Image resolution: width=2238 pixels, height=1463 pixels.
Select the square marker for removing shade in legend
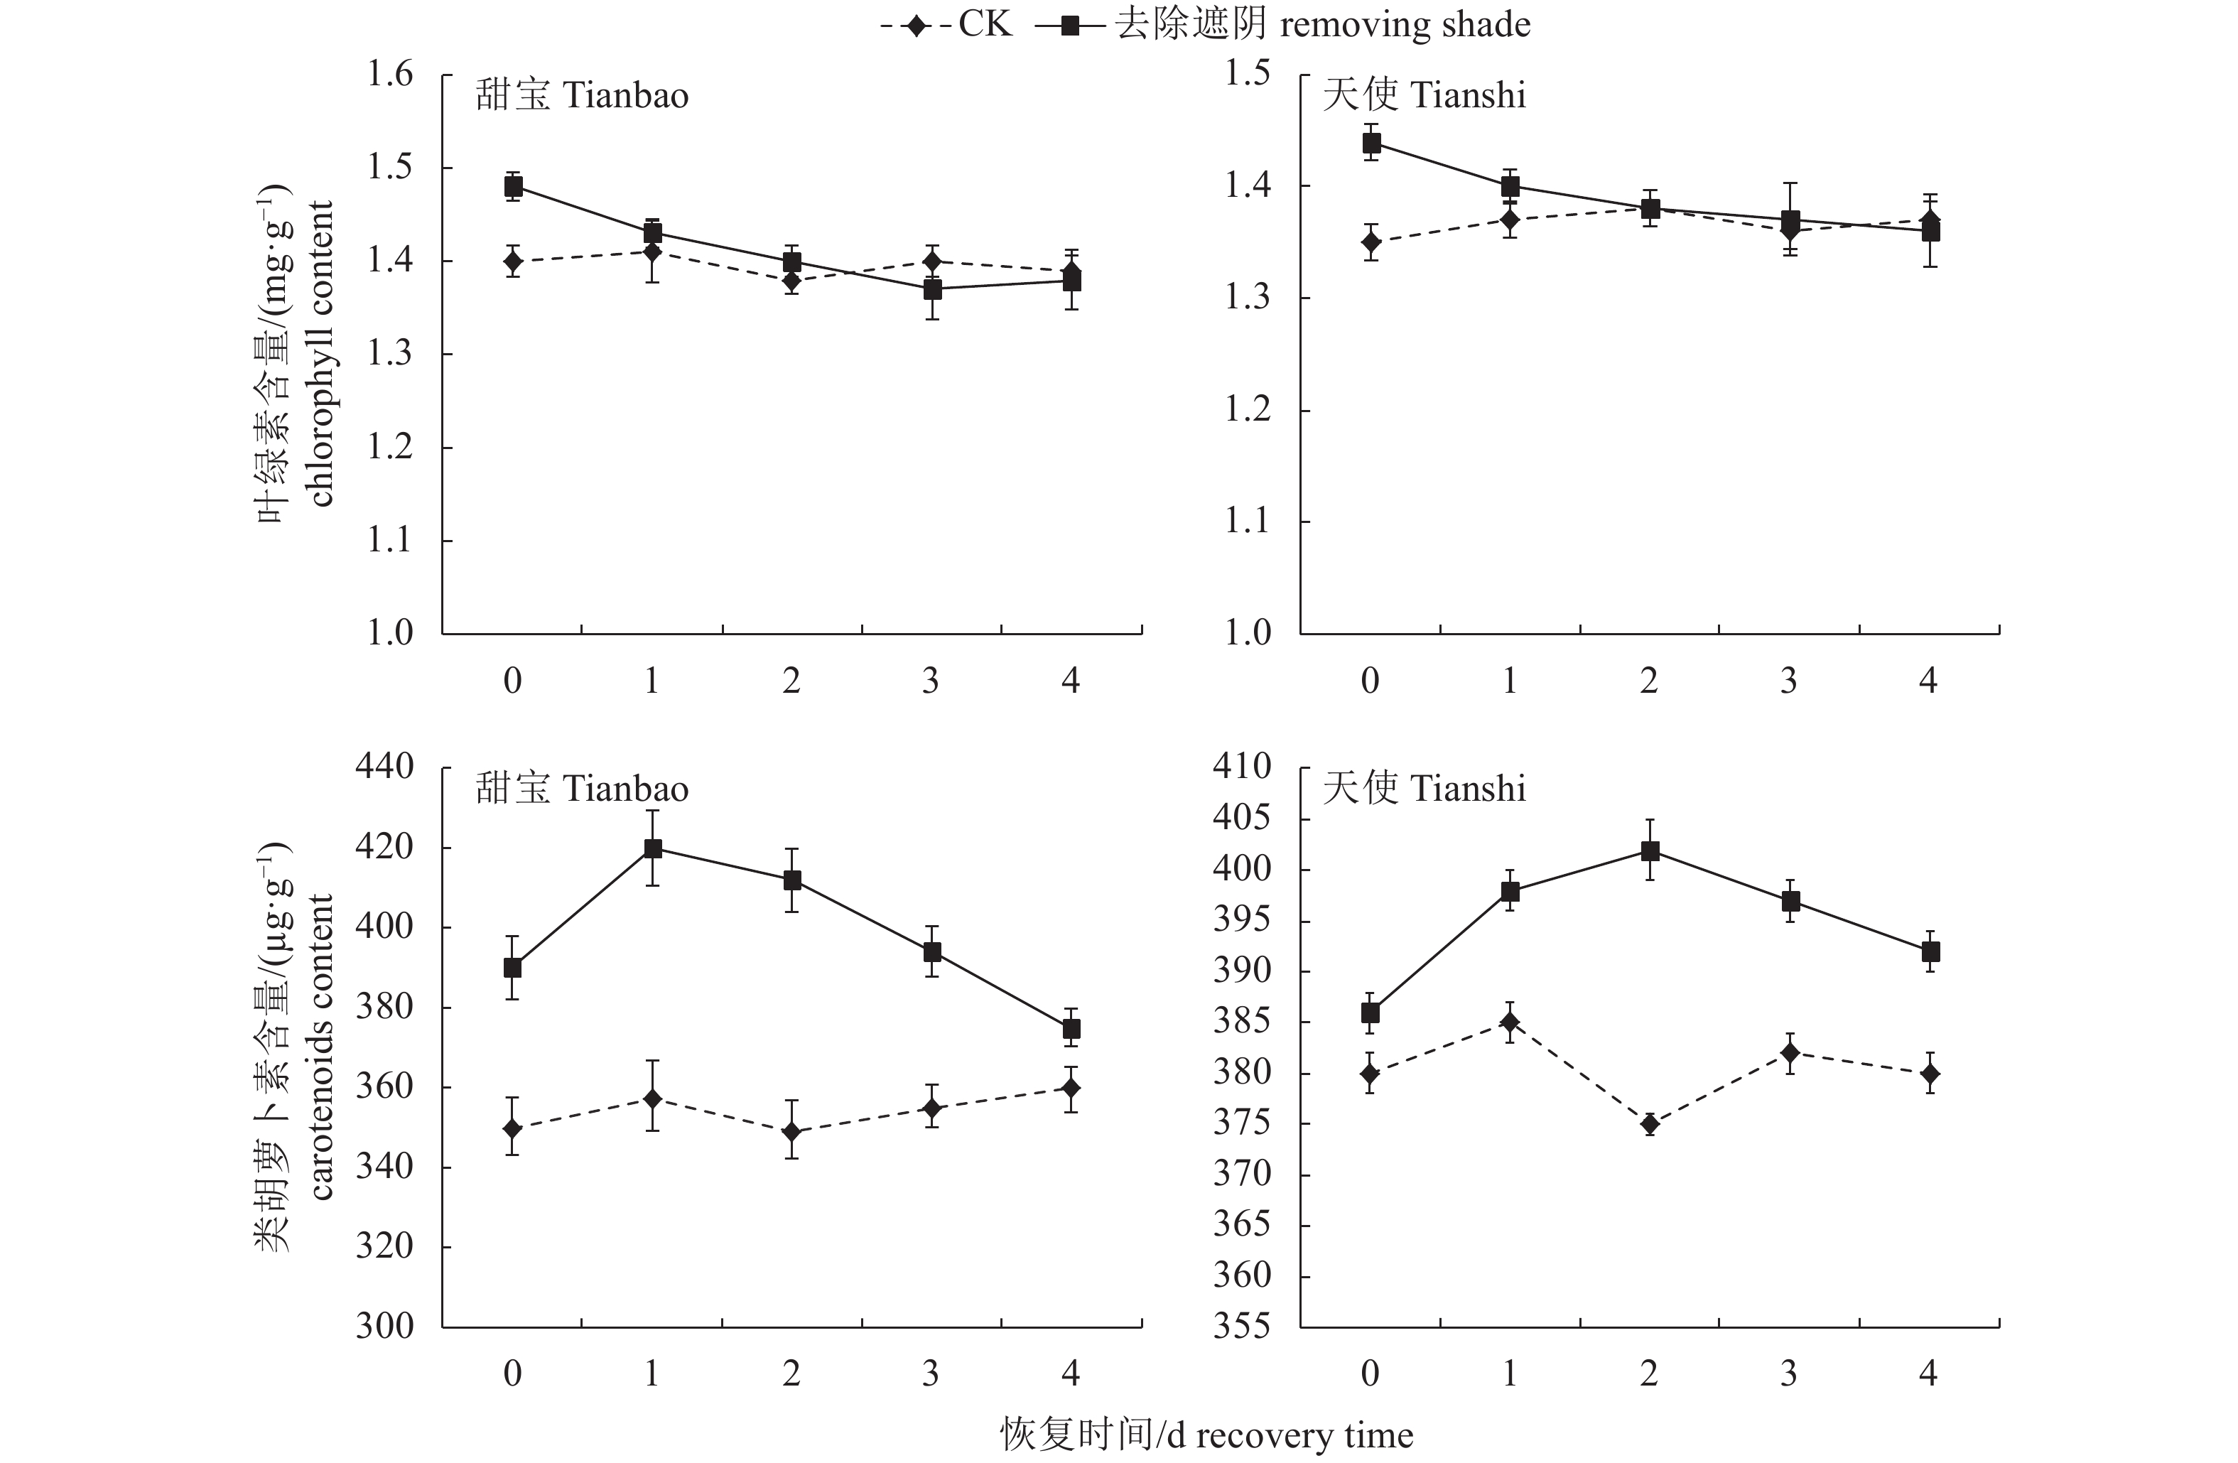(x=1070, y=26)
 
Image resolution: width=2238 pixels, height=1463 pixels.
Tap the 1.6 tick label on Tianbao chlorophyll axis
(x=389, y=75)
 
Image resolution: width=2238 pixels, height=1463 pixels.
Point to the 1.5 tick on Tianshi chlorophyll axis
(x=1248, y=73)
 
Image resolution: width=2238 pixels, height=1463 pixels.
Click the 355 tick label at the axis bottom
(x=1242, y=1326)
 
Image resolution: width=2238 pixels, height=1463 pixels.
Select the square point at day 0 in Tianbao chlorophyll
(x=512, y=186)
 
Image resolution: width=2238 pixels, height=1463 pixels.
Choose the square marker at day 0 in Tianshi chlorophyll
(x=1371, y=143)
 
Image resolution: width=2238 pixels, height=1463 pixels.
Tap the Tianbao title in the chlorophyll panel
(x=582, y=96)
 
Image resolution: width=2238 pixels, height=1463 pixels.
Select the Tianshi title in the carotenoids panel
(x=1424, y=789)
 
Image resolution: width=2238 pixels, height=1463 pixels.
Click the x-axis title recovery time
(x=1206, y=1435)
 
